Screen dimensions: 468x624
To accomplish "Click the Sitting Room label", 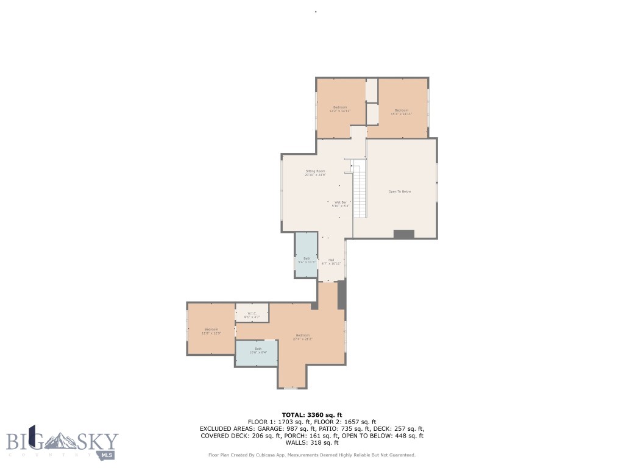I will coord(315,172).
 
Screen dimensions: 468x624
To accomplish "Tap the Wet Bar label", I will coord(341,204).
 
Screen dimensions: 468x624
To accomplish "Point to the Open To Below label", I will coord(400,191).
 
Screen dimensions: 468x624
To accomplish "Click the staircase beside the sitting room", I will coord(360,189).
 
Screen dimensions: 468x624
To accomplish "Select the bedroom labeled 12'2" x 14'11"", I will coord(339,109).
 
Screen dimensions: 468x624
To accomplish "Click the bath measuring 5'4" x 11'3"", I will coord(307,260).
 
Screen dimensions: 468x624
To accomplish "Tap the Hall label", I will coord(331,261).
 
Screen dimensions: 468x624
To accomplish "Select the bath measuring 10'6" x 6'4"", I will coord(257,350).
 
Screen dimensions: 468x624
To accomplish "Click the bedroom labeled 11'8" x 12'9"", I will coord(211,331).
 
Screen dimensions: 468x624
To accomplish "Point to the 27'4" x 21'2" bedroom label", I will coord(303,337).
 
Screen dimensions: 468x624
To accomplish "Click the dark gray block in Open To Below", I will coord(403,234).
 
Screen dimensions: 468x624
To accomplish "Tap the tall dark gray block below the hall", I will coord(342,294).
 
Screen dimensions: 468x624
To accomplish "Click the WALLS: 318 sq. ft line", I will coord(311,443).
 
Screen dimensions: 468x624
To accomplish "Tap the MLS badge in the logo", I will coord(108,455).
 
